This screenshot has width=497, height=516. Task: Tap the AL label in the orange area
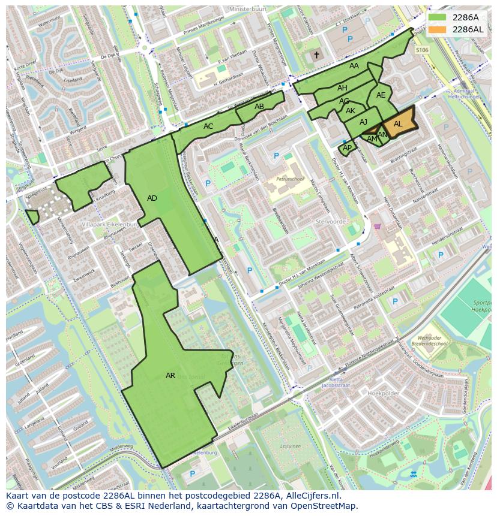398,124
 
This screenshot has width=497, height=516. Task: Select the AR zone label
170,376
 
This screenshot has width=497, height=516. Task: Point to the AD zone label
152,198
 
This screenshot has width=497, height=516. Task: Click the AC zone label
208,126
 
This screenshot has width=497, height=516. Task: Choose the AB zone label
259,107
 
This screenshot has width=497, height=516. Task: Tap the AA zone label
354,66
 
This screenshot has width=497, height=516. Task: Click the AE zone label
381,95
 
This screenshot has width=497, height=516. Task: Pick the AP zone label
347,147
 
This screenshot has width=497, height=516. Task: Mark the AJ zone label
363,122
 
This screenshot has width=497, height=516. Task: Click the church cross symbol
316,55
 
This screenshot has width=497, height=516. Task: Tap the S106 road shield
422,50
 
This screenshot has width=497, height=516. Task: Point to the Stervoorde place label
330,221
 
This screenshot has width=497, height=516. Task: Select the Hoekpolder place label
383,393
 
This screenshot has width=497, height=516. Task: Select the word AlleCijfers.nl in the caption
310,496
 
